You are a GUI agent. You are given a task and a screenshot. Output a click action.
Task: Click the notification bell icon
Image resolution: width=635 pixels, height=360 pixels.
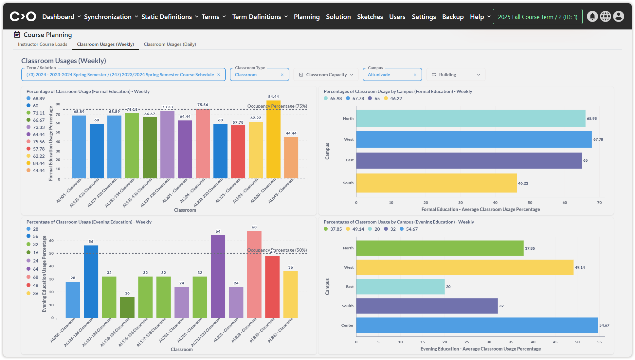[x=592, y=16]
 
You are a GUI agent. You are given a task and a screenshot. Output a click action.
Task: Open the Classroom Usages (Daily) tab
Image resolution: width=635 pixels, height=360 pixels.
[x=170, y=44]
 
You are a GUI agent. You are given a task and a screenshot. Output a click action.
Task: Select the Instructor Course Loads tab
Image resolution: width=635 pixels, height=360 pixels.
[x=43, y=44]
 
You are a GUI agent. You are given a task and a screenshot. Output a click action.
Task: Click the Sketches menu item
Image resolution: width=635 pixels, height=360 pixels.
[x=370, y=17]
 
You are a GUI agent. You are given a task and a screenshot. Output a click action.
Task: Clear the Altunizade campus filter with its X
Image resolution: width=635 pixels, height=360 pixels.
[x=415, y=75]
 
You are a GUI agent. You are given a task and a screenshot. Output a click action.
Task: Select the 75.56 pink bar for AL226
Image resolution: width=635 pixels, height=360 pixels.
[x=203, y=144]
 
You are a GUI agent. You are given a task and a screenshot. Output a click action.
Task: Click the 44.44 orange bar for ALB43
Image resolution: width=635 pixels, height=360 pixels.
[x=291, y=158]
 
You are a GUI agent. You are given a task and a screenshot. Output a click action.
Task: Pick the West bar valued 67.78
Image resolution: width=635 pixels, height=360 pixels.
[x=474, y=139]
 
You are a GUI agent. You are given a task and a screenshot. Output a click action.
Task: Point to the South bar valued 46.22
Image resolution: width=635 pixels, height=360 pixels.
[x=436, y=183]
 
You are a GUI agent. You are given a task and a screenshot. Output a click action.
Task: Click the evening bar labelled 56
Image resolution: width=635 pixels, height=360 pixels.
[x=91, y=281]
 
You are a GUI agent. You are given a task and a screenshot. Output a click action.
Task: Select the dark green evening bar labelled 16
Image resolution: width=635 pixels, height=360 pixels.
[x=127, y=307]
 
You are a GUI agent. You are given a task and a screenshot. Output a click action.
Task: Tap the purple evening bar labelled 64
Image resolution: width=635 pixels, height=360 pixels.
[x=218, y=277]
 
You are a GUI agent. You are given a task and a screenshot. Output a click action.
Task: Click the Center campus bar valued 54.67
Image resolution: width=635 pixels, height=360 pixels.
[x=477, y=325]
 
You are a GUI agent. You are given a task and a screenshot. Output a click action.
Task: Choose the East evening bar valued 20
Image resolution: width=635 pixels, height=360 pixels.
[x=400, y=287]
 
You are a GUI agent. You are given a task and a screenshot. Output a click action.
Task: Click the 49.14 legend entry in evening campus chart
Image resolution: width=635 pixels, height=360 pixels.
[x=355, y=229]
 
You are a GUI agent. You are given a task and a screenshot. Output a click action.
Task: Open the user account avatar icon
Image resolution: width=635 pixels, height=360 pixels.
[x=618, y=16]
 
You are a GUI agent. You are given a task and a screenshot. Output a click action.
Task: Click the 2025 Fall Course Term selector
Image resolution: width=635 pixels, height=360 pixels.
[x=537, y=17]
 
